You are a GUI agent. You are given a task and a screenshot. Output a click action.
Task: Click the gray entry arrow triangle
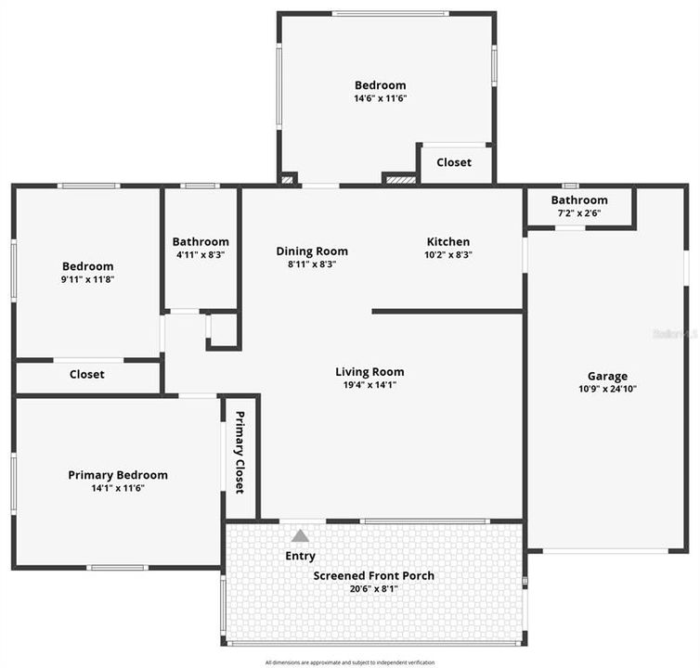coord(300,535)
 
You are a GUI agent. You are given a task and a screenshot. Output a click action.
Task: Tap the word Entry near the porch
coord(300,556)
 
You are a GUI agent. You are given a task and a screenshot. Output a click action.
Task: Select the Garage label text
coord(607,376)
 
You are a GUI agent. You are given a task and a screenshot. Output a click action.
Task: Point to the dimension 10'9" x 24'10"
coord(607,389)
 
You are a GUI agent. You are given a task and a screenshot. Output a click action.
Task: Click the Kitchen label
coord(447,241)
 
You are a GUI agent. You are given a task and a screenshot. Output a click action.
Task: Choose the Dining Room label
coord(312,250)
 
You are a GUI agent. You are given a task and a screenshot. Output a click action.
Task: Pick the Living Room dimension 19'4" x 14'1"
coord(369,385)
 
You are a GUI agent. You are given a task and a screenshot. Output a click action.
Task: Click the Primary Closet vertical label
coord(240,452)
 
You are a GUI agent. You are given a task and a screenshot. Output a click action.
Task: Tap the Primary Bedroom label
coord(118,475)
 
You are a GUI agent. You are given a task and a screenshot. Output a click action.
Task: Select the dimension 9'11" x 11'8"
coord(87,279)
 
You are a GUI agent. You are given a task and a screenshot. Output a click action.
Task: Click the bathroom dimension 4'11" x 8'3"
coord(201,254)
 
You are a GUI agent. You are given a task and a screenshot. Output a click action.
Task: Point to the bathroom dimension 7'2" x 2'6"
coord(579,213)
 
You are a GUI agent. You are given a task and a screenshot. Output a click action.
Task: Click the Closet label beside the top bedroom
coord(454,162)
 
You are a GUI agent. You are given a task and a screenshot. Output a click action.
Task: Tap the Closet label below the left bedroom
coord(87,375)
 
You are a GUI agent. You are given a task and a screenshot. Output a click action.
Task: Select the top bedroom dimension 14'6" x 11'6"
coord(381,98)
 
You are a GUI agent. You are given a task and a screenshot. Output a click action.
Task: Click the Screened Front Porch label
coord(373,575)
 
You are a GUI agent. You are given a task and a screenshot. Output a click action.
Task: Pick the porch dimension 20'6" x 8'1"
coord(373,588)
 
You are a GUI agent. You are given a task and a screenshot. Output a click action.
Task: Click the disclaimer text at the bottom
coord(350,662)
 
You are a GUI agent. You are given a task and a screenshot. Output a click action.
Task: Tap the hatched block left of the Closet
coord(400,178)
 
